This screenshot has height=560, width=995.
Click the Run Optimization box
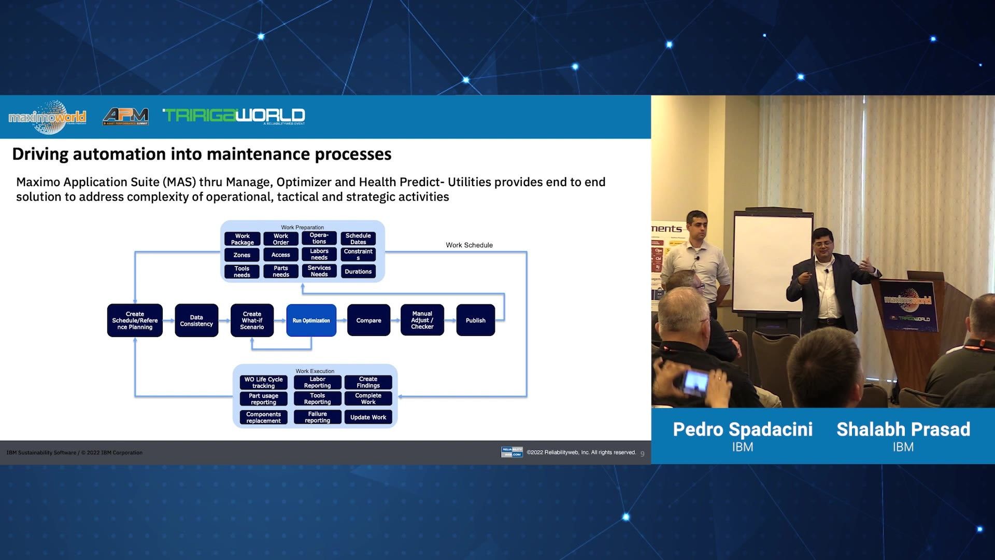click(311, 320)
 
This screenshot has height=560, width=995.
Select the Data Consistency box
click(196, 320)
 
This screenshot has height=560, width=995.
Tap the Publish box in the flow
click(475, 320)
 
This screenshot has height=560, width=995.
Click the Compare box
click(368, 320)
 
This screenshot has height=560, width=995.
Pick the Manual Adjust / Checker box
click(422, 320)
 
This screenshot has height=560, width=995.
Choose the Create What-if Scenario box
click(252, 320)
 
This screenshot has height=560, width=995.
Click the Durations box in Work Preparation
click(358, 272)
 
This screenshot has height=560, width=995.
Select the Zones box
click(241, 255)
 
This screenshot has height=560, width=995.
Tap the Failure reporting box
click(317, 417)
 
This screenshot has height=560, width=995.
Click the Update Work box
click(368, 417)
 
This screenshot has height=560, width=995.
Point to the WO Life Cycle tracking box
click(263, 383)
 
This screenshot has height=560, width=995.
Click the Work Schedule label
click(469, 245)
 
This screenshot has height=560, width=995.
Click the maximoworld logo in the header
click(47, 117)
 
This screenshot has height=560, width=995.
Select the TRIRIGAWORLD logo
click(234, 116)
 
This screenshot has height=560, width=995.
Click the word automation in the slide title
click(120, 155)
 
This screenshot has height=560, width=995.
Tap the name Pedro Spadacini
click(742, 429)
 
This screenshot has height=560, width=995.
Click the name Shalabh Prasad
click(903, 429)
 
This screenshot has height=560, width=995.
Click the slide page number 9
click(643, 454)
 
